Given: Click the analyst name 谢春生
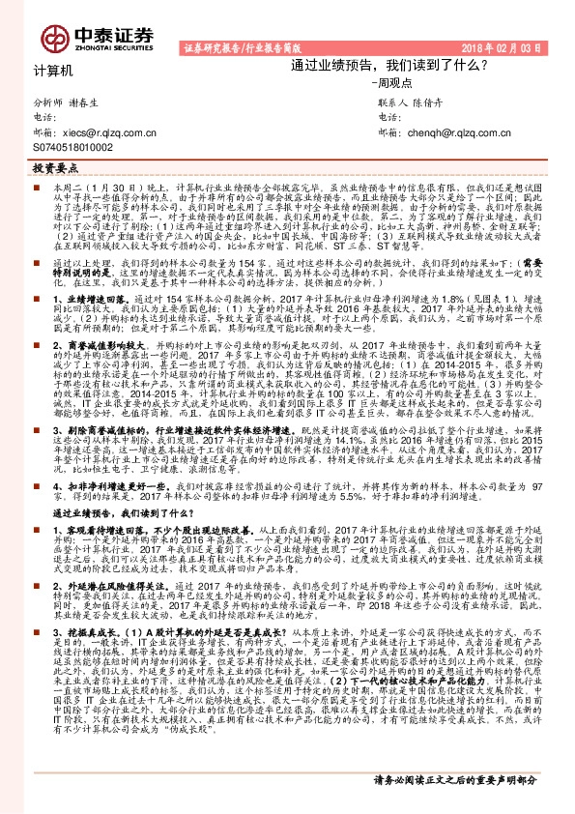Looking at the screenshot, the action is pyautogui.click(x=87, y=102).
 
